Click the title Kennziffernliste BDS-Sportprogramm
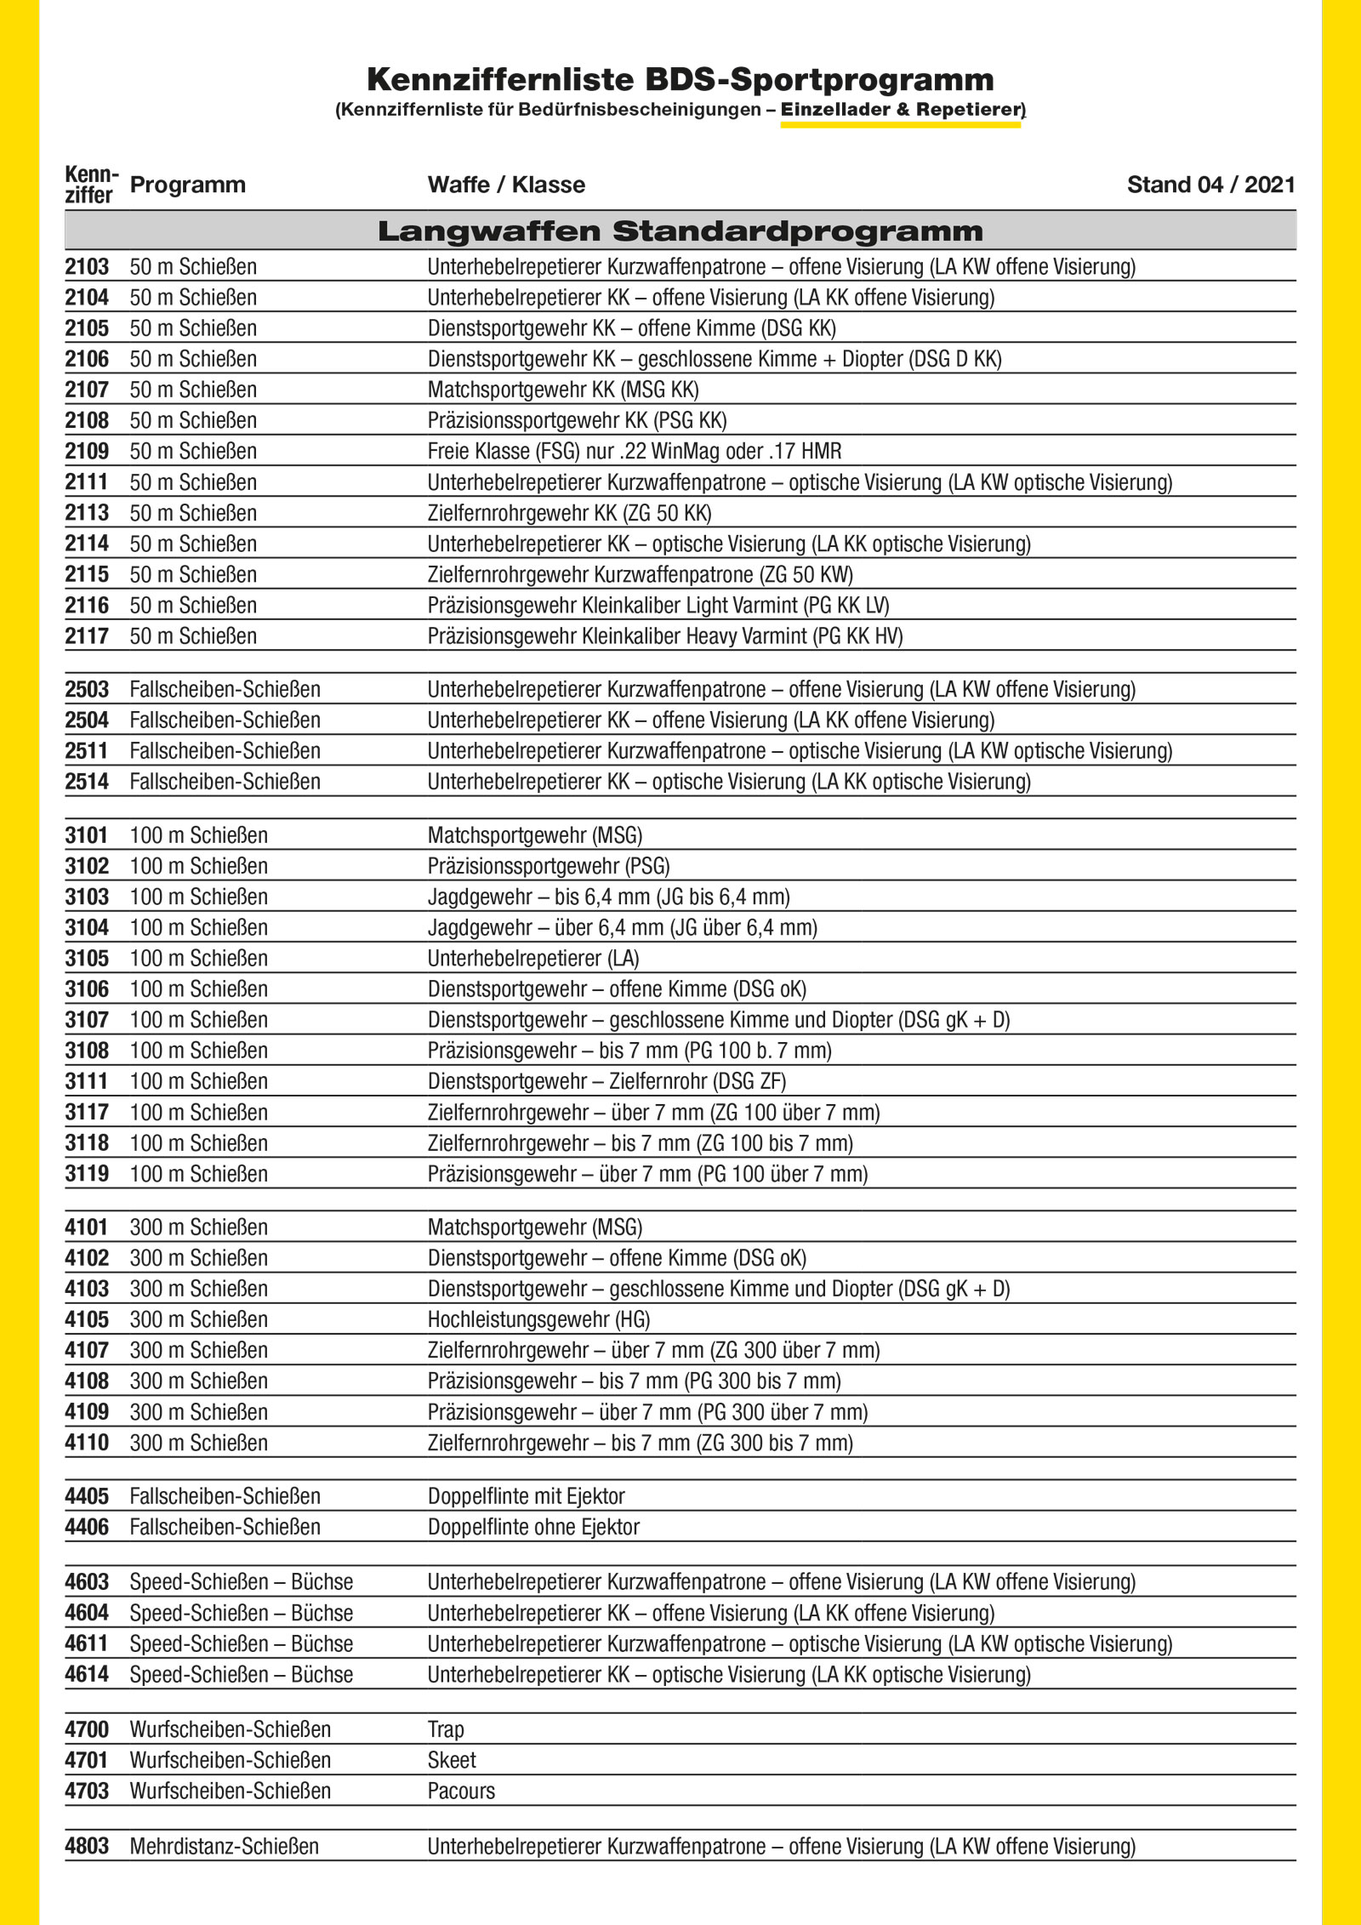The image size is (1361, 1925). click(x=680, y=80)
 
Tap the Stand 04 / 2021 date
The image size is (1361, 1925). click(x=1210, y=185)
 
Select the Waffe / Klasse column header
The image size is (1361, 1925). click(x=506, y=185)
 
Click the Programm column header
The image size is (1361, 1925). click(x=187, y=185)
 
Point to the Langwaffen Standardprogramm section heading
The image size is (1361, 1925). click(x=680, y=231)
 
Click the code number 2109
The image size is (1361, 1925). click(x=87, y=451)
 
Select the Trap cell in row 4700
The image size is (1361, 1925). click(x=446, y=1729)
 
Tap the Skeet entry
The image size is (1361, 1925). click(x=452, y=1760)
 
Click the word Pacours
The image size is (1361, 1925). click(x=461, y=1791)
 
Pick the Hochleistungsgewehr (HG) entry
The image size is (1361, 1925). click(x=538, y=1319)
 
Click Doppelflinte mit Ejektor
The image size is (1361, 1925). click(x=526, y=1496)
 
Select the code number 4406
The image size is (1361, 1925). click(x=87, y=1527)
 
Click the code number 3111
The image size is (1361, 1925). click(x=87, y=1081)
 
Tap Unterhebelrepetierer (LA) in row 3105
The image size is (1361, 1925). click(x=533, y=958)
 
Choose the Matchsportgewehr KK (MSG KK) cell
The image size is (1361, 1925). click(x=563, y=390)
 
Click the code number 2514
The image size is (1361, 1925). click(x=87, y=782)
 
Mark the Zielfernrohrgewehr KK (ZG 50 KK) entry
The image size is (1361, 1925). click(x=569, y=513)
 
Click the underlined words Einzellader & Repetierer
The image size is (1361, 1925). click(x=902, y=110)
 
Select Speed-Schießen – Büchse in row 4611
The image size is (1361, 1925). click(x=241, y=1643)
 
